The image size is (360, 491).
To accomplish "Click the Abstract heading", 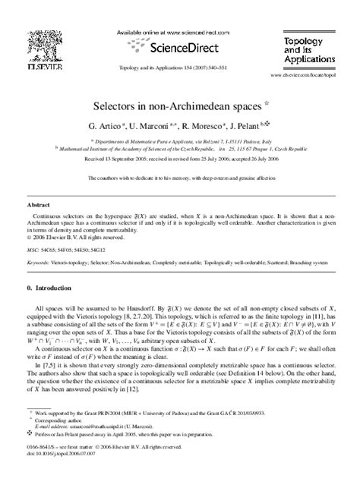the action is tap(39, 205).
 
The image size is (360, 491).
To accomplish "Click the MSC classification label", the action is tap(33, 248).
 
